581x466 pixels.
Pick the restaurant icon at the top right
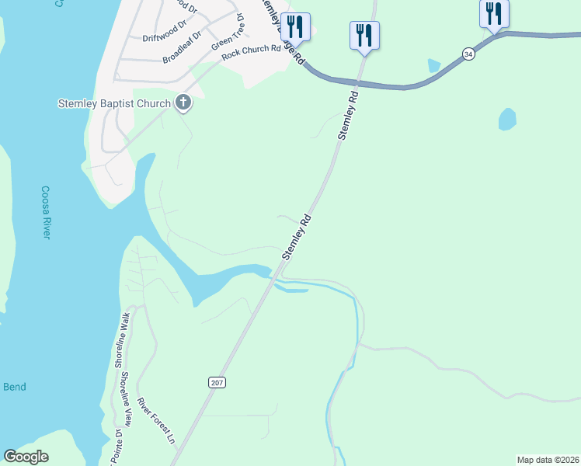pyautogui.click(x=494, y=13)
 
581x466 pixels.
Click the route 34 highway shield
pyautogui.click(x=468, y=54)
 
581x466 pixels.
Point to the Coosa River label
pyautogui.click(x=46, y=212)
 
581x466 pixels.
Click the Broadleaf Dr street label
pyautogui.click(x=182, y=47)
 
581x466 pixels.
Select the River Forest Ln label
pyautogui.click(x=155, y=420)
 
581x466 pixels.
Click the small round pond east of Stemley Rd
pyautogui.click(x=507, y=119)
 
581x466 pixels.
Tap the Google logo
pyautogui.click(x=26, y=457)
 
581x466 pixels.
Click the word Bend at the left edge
pyautogui.click(x=14, y=387)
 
